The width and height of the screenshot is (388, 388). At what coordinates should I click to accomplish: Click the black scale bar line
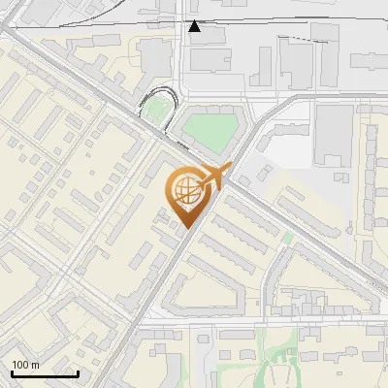click(45, 373)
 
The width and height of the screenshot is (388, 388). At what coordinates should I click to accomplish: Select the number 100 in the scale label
click(20, 365)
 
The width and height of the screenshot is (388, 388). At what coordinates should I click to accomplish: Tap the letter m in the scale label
click(34, 365)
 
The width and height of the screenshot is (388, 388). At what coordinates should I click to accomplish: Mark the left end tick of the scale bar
click(12, 372)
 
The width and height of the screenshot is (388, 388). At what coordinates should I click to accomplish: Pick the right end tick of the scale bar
click(78, 372)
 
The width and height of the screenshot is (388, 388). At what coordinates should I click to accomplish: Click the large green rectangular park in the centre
click(211, 133)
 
